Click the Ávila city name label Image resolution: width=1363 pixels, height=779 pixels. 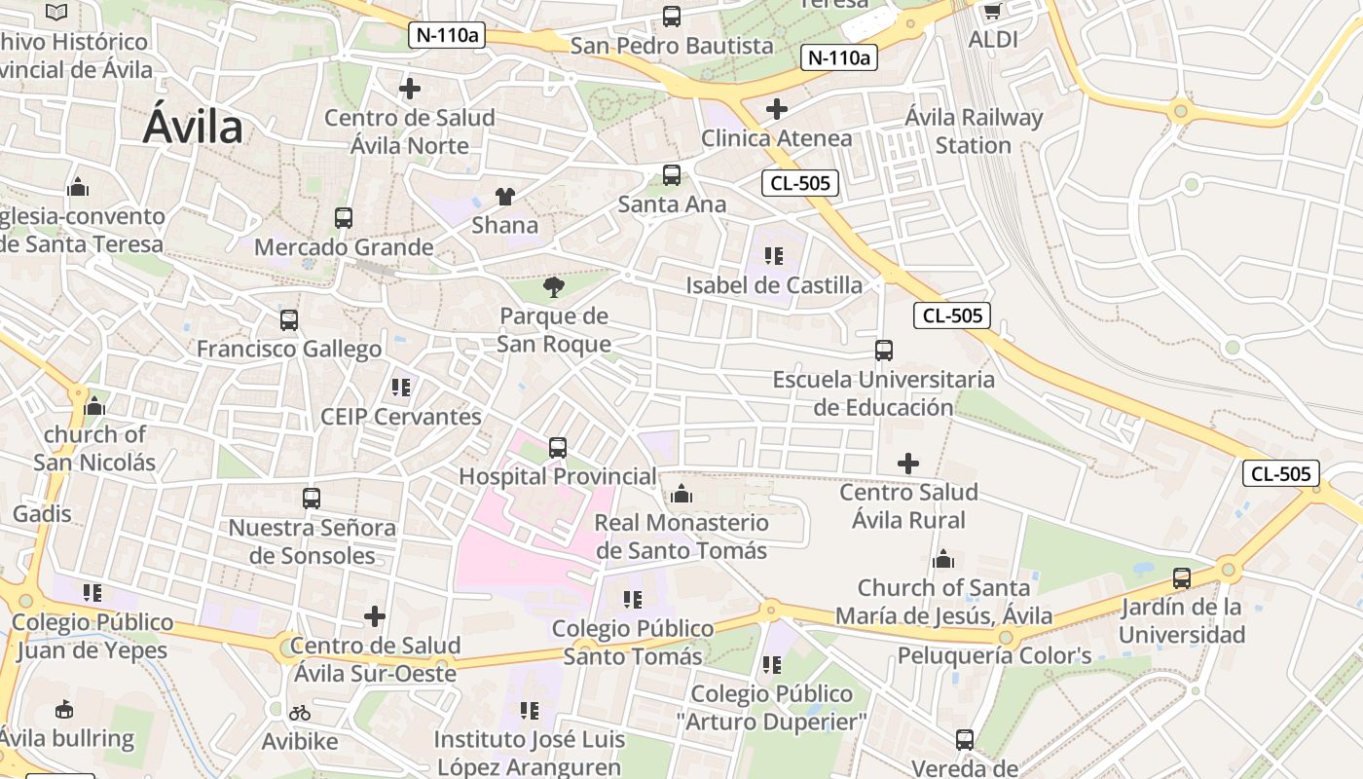tap(193, 128)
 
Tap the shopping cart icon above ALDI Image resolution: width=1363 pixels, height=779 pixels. tap(992, 12)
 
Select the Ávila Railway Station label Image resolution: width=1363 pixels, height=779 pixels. tap(974, 131)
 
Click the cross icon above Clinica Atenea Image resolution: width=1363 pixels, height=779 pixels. tap(776, 108)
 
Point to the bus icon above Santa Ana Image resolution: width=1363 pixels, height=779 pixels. tap(672, 175)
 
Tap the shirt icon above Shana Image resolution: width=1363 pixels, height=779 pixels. tap(504, 197)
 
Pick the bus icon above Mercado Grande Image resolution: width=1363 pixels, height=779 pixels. tap(343, 218)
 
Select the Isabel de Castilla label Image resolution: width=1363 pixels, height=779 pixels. tap(774, 285)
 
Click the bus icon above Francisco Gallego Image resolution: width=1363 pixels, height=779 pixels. tap(288, 320)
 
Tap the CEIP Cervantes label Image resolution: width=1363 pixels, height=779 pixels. tap(401, 417)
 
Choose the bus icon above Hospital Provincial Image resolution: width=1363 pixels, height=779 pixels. tap(557, 448)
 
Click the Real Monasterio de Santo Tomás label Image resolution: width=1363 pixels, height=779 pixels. tap(681, 537)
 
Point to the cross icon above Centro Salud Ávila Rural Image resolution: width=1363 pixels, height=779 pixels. tap(907, 464)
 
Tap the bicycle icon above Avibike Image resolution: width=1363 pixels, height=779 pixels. tap(299, 714)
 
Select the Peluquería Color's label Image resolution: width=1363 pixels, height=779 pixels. tap(994, 655)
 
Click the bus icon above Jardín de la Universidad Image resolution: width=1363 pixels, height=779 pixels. tap(1182, 578)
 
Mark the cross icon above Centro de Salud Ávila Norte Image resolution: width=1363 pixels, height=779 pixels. tap(410, 89)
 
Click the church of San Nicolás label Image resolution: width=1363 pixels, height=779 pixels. tap(94, 448)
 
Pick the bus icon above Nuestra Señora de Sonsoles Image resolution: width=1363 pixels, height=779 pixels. tap(312, 499)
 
